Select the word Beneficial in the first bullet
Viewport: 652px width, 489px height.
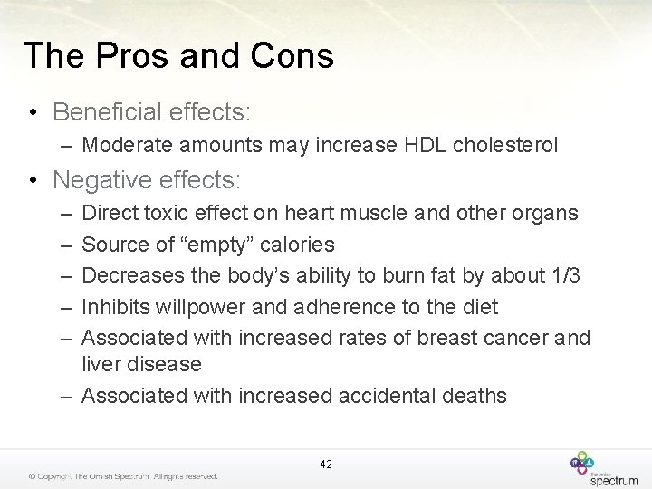point(105,111)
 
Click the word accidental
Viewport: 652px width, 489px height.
point(396,396)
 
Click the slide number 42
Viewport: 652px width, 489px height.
point(326,465)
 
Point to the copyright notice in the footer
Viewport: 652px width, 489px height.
point(122,476)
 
